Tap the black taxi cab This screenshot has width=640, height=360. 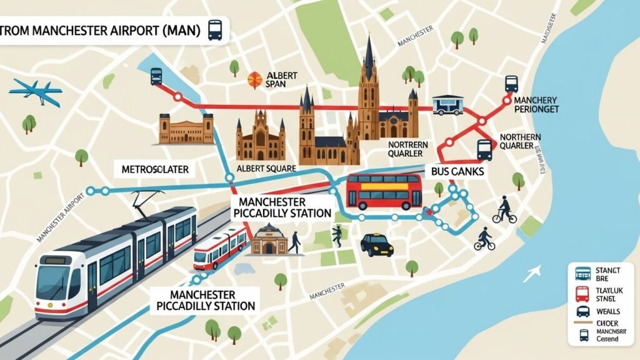(x=377, y=244)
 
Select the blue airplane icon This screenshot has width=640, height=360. (x=35, y=91)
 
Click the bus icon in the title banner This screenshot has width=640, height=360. (x=214, y=29)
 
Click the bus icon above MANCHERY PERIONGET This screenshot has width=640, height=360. (x=511, y=83)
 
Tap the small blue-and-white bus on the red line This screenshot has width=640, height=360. (x=447, y=104)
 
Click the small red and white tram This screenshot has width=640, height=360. (x=219, y=247)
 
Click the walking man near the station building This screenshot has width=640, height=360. (x=294, y=241)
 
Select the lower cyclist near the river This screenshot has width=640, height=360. (x=484, y=239)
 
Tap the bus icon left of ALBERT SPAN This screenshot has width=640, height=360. (x=156, y=76)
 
